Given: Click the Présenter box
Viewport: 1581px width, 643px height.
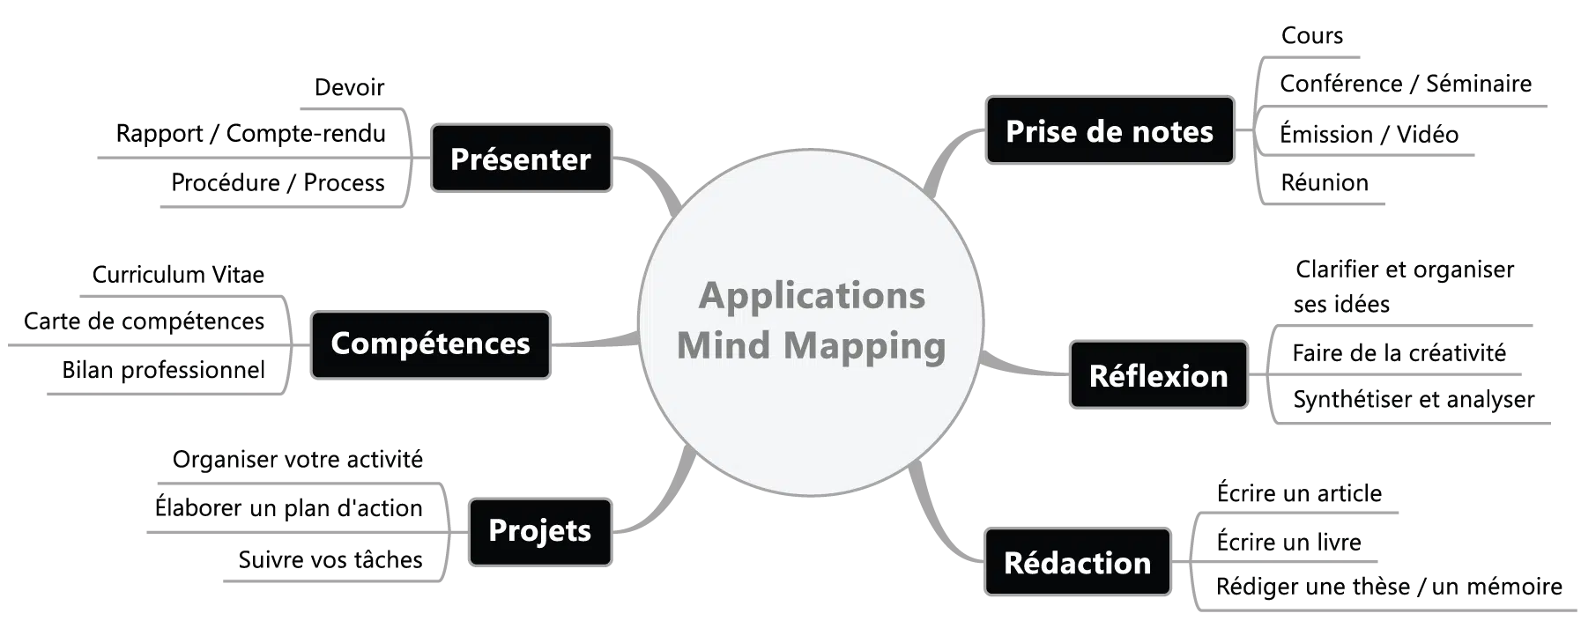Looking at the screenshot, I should pyautogui.click(x=520, y=159).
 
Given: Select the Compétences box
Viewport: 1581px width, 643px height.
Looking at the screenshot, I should pyautogui.click(x=430, y=344).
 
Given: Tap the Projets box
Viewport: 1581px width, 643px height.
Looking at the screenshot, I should pyautogui.click(x=539, y=530).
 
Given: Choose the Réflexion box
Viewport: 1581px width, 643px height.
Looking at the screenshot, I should pyautogui.click(x=1158, y=376).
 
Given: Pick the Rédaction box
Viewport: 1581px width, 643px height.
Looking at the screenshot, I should pyautogui.click(x=1077, y=563).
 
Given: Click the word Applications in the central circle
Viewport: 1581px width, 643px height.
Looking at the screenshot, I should pyautogui.click(x=812, y=296).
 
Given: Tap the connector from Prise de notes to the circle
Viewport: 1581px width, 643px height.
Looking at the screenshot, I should pyautogui.click(x=948, y=154).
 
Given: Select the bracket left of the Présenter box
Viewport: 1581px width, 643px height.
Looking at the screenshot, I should pyautogui.click(x=410, y=159).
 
